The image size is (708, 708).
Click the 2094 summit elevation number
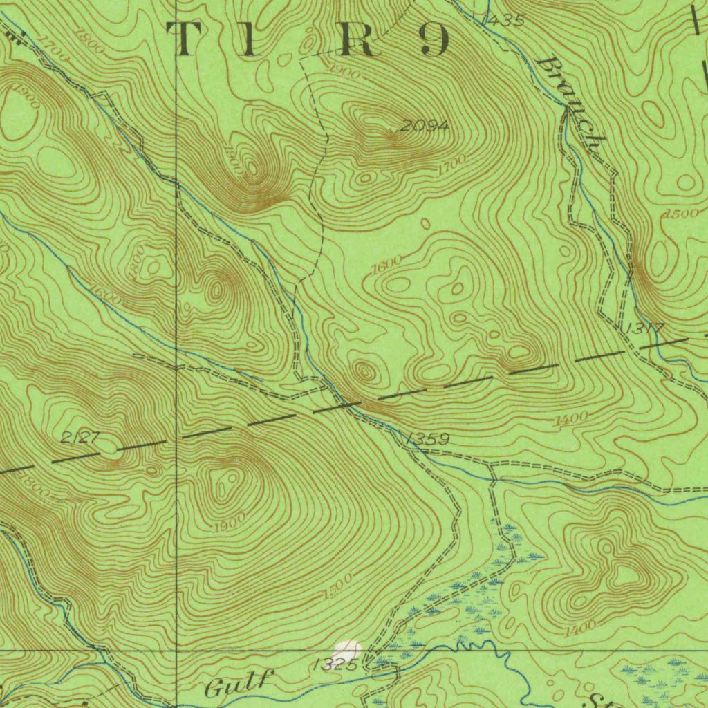425,126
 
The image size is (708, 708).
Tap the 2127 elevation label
81,437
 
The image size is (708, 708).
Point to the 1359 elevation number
428,439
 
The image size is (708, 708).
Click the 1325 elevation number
334,665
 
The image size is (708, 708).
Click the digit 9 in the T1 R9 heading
434,39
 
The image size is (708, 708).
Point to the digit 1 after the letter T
253,39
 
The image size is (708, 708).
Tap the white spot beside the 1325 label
348,650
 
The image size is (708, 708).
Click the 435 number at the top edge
505,21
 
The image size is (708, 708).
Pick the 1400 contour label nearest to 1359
571,418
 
